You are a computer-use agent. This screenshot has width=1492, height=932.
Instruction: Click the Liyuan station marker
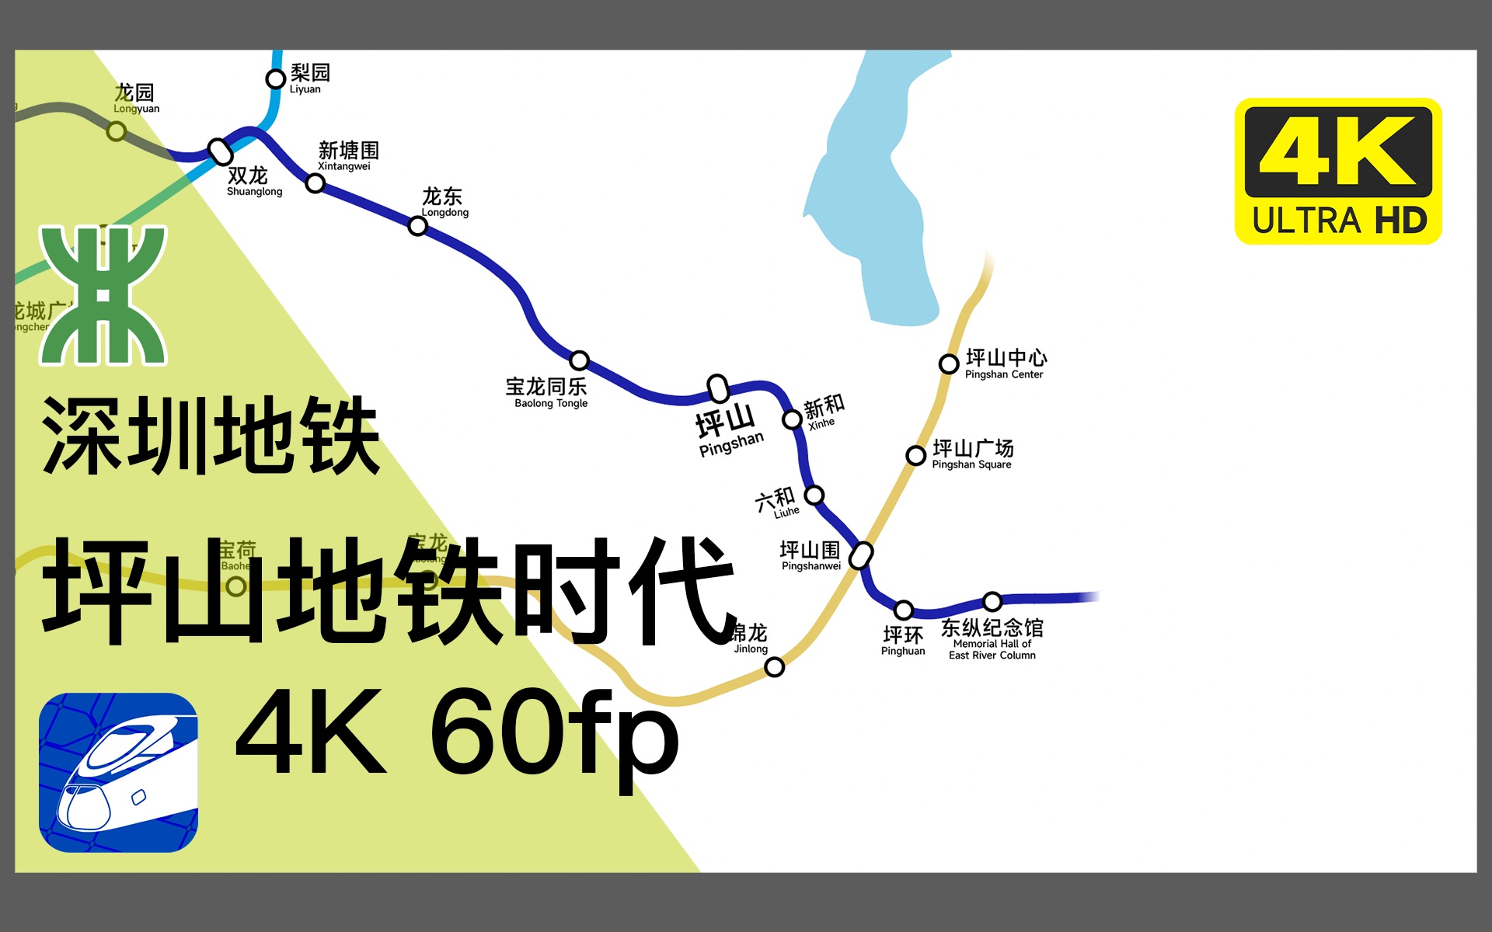(275, 78)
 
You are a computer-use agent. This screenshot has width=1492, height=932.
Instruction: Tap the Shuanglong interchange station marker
(221, 151)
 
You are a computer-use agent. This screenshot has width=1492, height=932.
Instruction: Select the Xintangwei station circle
(315, 183)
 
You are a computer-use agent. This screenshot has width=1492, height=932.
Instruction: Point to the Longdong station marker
(417, 226)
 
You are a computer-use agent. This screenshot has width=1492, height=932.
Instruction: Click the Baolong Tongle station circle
(579, 360)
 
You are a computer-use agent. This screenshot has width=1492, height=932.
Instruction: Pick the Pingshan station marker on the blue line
(718, 388)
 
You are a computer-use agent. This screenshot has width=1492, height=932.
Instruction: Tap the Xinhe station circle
(792, 419)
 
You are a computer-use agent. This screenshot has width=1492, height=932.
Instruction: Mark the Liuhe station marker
(814, 495)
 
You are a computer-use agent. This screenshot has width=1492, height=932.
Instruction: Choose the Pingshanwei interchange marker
(861, 555)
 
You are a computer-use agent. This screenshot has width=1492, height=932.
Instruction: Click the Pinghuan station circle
(903, 610)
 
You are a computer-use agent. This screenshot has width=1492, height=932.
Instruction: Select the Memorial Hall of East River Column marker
(992, 601)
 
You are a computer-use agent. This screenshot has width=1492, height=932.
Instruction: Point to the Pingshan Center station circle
(948, 363)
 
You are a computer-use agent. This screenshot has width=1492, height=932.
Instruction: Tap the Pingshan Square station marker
(916, 455)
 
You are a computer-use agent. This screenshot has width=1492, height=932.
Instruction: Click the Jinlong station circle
(774, 666)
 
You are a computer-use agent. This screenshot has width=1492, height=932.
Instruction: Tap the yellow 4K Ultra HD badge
(1338, 171)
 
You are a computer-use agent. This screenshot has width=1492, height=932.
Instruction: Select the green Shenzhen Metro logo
(103, 294)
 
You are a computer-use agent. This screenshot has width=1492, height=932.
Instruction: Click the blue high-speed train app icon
(118, 772)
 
